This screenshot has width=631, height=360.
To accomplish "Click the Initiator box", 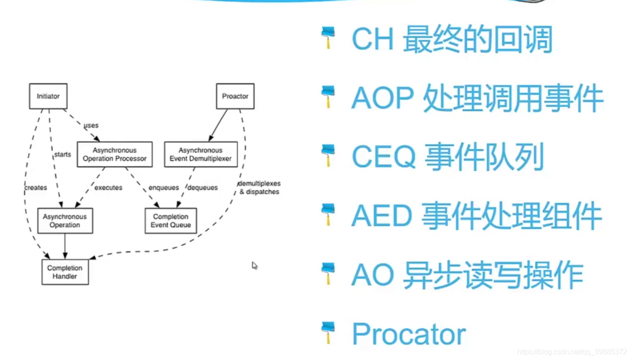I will coord(48,96).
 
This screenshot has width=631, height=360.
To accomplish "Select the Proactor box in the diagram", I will coord(235,96).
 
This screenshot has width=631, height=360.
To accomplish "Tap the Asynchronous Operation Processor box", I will coord(115,154).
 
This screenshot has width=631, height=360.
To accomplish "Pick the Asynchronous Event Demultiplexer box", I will coord(201,154).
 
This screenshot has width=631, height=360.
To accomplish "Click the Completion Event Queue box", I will coord(171,221).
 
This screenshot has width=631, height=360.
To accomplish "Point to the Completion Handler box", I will coord(65,272).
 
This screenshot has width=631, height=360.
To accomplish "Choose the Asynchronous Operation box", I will coord(65,221).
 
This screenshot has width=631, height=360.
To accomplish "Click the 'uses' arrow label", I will coord(91,125).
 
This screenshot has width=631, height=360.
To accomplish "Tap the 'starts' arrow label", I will coord(62,154).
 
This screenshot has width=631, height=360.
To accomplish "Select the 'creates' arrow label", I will coord(35,187).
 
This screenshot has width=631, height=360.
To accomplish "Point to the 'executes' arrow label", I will coord(108,187).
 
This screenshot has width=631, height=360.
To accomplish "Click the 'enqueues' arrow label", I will coord(163,187).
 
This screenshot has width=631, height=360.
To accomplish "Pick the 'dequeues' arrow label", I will coord(203,187).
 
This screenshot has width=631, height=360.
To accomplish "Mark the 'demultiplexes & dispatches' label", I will coord(259,187).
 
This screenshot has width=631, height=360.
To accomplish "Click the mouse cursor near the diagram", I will coord(254,266).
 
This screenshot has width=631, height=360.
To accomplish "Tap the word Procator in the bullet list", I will coord(409,334).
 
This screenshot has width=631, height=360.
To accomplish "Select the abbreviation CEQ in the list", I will coord(383,157).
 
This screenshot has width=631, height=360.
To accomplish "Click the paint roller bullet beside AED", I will coord(328,215).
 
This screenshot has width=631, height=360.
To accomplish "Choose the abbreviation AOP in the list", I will coord(383,98).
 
